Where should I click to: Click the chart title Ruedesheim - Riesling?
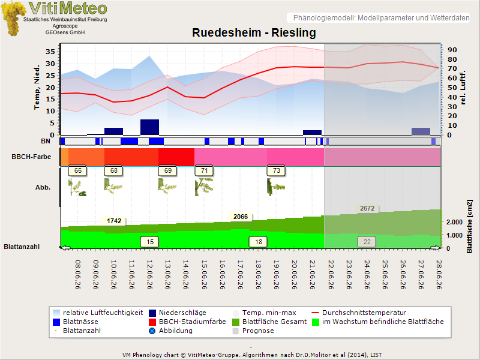tap(254, 32)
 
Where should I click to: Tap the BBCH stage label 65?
tap(78, 170)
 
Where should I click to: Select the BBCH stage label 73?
tap(276, 170)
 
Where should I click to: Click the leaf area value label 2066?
tap(241, 217)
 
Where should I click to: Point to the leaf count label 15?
tap(149, 242)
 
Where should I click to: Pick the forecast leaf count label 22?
tap(367, 242)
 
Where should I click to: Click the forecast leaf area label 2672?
tap(367, 208)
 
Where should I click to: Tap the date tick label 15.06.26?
tap(204, 275)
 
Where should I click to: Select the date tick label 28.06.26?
tap(439, 275)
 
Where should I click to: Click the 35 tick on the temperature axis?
tap(50, 52)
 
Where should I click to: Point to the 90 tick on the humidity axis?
tap(452, 50)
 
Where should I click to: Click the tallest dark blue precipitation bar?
tap(149, 127)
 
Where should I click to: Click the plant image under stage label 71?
tap(204, 187)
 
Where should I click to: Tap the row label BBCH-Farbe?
tap(31, 157)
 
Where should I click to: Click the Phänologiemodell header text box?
tap(379, 18)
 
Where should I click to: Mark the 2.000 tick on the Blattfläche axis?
tap(454, 222)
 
